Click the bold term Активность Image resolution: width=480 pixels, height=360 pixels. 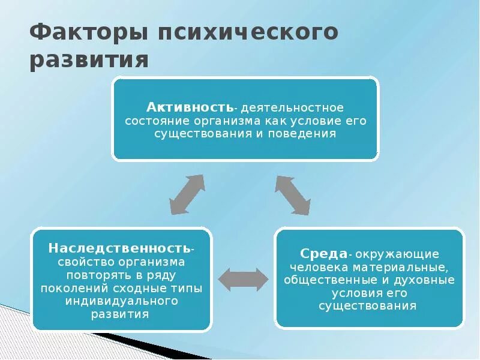point(190,107)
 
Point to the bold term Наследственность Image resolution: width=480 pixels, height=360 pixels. point(121,248)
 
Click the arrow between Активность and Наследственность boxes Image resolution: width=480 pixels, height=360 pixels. point(187,194)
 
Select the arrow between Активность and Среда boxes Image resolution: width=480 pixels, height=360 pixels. point(293,195)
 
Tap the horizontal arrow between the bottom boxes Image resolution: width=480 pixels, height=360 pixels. point(243,280)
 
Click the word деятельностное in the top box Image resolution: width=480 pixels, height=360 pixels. point(292,108)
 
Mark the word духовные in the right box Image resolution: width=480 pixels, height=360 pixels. point(428,280)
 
